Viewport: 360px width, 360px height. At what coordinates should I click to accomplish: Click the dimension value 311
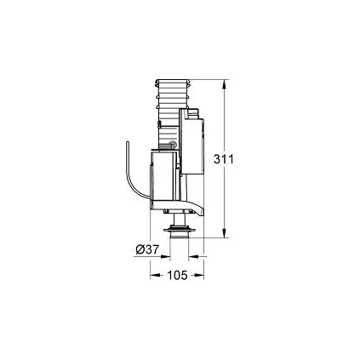pos(243,159)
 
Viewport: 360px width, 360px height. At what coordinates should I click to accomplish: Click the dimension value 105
pos(178,275)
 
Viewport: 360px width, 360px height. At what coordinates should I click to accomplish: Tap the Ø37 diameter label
pos(147,249)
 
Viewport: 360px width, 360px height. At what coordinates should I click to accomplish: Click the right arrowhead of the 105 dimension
pos(201,274)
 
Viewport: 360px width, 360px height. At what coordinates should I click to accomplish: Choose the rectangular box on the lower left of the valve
pos(163,179)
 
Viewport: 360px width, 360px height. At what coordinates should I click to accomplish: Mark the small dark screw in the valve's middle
pos(172,146)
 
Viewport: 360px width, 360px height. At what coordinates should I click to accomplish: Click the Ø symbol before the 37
pos(140,249)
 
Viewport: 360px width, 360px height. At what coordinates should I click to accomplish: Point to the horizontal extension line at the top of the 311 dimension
pos(209,81)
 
